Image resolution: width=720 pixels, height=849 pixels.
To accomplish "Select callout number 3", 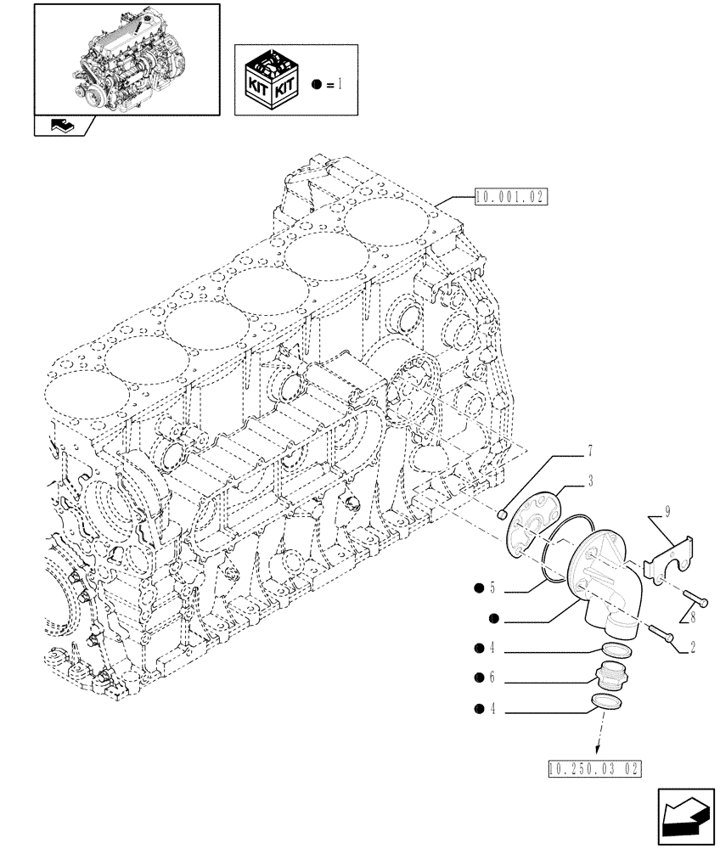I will coord(589,481).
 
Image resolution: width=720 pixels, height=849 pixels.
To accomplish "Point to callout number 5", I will coord(491,587).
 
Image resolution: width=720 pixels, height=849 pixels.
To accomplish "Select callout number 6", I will coord(491,678).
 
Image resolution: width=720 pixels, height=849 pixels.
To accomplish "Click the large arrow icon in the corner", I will coord(684,816).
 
